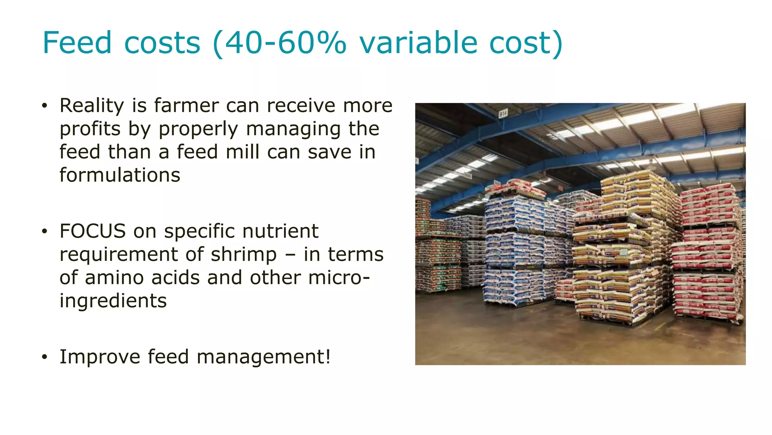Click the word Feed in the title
point(77,43)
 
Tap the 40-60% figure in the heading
point(279,43)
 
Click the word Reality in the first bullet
point(92,106)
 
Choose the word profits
point(90,129)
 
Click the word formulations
point(120,175)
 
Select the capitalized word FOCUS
point(92,231)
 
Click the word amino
point(114,278)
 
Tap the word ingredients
point(113,301)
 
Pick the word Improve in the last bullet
point(100,357)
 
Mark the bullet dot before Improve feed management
point(44,357)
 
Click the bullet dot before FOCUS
point(44,231)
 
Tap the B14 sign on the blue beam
point(503,113)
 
